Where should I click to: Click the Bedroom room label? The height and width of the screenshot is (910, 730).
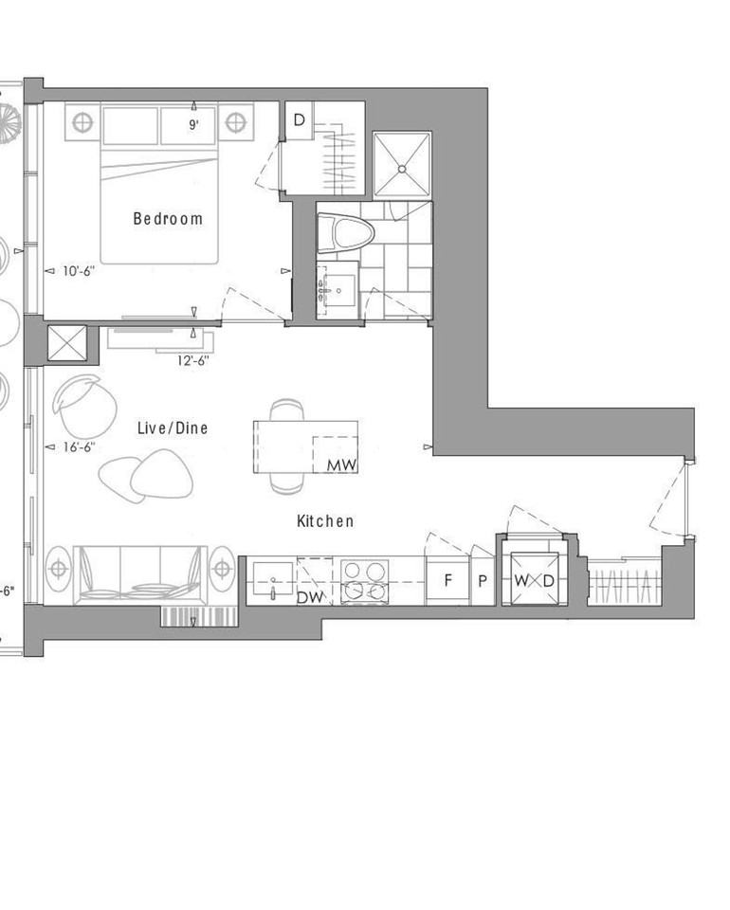tap(168, 219)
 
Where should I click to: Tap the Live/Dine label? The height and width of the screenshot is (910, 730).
tap(173, 428)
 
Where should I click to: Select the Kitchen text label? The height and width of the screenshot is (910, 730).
tap(325, 520)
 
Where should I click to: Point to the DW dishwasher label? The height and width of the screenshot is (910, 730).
tap(308, 597)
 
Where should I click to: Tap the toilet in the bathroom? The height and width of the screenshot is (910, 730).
tap(338, 236)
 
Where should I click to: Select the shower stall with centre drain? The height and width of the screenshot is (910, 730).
tap(402, 167)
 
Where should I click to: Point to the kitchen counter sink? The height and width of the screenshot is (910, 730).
tap(273, 578)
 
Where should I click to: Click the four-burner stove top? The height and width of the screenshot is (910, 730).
tap(365, 580)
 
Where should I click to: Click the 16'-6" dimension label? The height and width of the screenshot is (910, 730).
tap(78, 446)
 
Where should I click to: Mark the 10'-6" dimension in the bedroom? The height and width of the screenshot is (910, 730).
tap(79, 270)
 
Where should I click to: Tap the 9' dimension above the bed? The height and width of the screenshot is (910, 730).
tap(193, 124)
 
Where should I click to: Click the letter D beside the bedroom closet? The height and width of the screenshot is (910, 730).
tap(299, 120)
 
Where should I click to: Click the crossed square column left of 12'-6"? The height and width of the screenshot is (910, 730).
tap(66, 343)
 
